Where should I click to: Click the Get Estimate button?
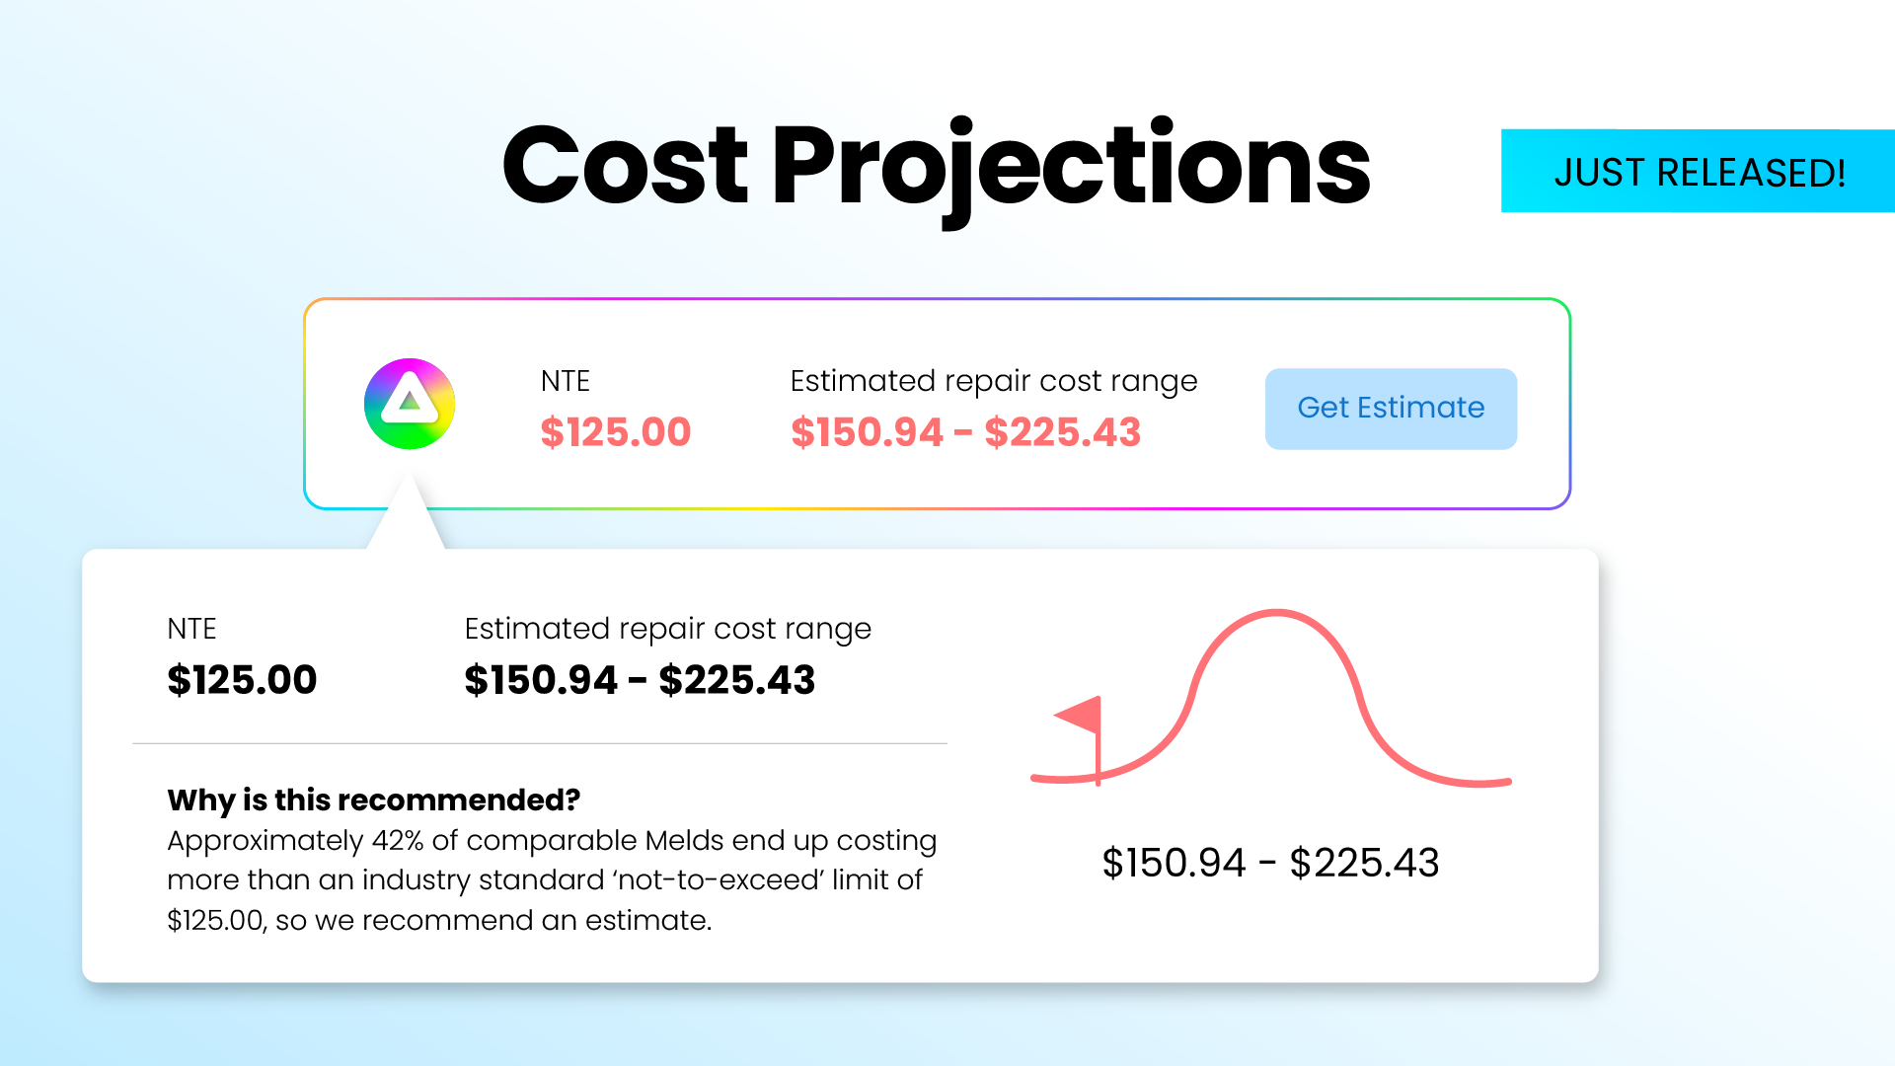(1391, 409)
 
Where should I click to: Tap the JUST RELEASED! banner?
(1698, 171)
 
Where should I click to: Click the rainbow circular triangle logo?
(410, 404)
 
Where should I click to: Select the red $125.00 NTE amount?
(616, 432)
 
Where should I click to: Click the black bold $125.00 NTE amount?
(242, 680)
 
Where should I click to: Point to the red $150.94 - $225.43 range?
(965, 432)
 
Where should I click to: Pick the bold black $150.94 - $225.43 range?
(640, 680)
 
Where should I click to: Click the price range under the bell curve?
(1270, 863)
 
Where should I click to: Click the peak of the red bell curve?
(1277, 613)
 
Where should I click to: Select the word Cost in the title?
(625, 166)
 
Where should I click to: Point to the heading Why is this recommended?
(374, 799)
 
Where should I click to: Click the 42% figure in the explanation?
(398, 841)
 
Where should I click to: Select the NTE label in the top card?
(566, 381)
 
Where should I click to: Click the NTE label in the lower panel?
(191, 629)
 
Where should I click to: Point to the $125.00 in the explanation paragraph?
(215, 921)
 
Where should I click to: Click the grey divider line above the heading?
(540, 743)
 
